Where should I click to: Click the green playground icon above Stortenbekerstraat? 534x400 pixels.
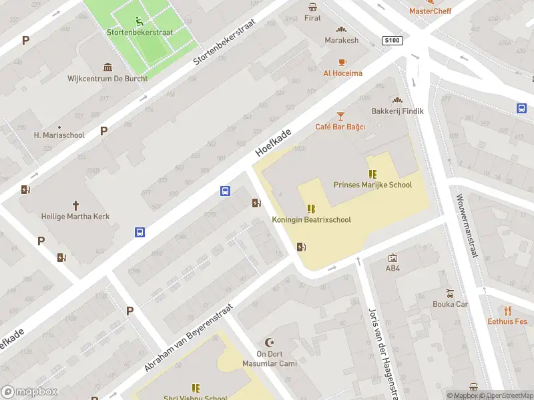coord(139,20)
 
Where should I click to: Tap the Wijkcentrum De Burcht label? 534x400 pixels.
coord(107,78)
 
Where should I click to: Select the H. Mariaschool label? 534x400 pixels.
coord(59,135)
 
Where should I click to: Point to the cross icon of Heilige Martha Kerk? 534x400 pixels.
coord(75,205)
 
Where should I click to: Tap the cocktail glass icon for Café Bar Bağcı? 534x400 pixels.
coord(340,116)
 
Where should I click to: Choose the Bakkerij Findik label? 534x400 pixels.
coord(398,111)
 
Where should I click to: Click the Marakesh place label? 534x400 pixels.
coord(342,40)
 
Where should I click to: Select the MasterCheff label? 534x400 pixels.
coord(430,11)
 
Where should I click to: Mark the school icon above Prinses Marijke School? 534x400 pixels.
coord(372,174)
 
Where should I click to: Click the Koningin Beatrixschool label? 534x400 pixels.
coord(311,220)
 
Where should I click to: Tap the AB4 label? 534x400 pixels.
coord(392,269)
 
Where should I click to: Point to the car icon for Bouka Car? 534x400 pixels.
coord(451,293)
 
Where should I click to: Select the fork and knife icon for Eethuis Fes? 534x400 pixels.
coord(507,310)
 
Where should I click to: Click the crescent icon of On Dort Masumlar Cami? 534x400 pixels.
coord(270,342)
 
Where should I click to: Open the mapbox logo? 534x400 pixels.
coord(29,391)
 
